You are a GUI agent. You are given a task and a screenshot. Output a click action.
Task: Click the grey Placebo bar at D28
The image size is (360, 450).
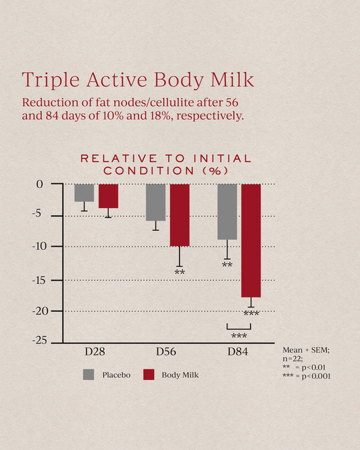coord(84,193)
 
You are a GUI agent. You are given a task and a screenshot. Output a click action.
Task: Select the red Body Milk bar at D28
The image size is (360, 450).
coord(108,196)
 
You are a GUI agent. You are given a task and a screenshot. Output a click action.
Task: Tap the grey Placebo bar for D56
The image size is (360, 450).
coord(155,202)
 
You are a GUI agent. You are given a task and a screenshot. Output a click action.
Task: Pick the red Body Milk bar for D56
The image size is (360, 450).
coord(179,215)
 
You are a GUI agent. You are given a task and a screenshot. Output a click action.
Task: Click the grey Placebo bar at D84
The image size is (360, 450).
coord(227,211)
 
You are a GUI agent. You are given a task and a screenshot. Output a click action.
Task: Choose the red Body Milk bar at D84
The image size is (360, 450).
coord(251,240)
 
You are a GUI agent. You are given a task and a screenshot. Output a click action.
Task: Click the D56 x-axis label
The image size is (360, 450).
coord(167,351)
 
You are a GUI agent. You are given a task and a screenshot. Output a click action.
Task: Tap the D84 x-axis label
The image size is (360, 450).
coord(238,351)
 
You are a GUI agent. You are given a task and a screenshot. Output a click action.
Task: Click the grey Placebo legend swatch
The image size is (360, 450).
coord(88,374)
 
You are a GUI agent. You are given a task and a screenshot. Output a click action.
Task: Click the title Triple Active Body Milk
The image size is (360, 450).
coord(138,80)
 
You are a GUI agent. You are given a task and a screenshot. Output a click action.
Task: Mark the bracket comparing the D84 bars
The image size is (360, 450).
coord(239,327)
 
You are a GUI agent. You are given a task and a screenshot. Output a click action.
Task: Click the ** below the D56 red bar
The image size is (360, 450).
coord(179,273)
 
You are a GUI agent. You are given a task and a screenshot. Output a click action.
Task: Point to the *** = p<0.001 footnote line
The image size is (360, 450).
coord(307,376)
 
